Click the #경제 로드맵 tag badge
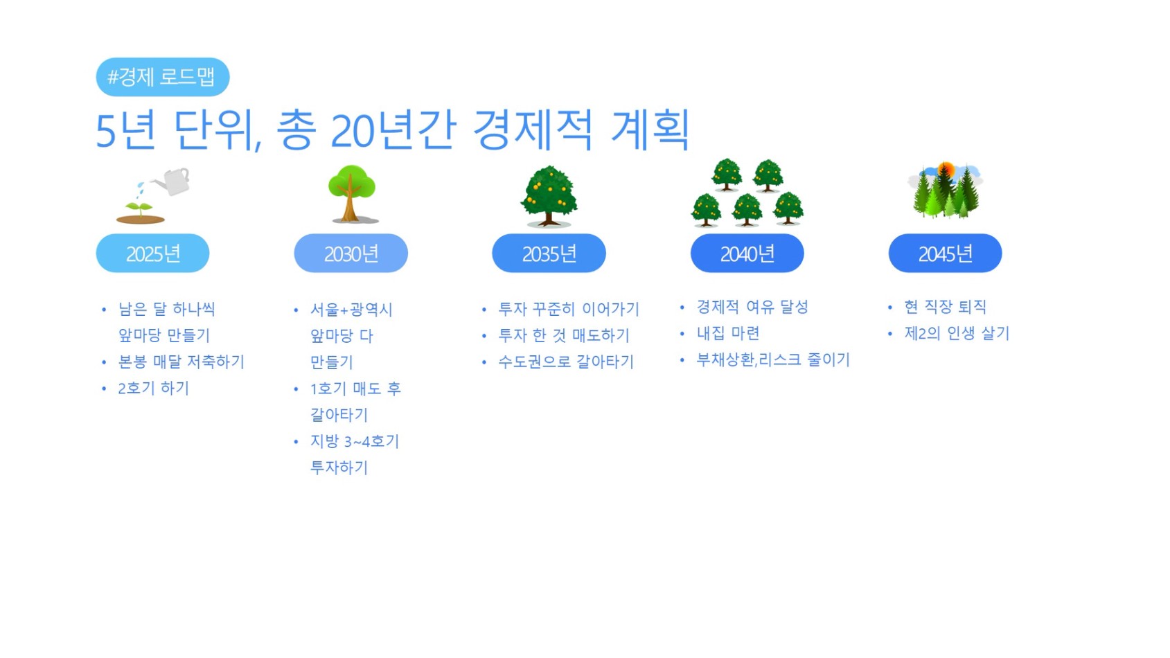pos(162,77)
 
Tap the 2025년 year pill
pos(152,254)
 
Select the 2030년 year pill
pos(351,254)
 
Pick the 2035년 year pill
pos(549,254)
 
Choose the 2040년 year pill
pos(747,254)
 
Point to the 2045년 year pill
pos(946,254)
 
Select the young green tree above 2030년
pos(351,194)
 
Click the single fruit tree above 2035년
pos(549,196)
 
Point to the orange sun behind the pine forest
pos(946,170)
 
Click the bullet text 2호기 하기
pos(154,389)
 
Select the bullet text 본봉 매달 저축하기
pos(181,362)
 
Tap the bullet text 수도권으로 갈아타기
pos(566,362)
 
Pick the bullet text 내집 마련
pos(728,333)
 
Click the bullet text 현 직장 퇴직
pos(946,307)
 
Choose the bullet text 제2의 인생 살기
pos(957,333)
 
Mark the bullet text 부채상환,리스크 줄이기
pos(774,359)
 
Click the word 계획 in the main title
pos(650,130)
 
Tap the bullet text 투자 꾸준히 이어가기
pos(569,309)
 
